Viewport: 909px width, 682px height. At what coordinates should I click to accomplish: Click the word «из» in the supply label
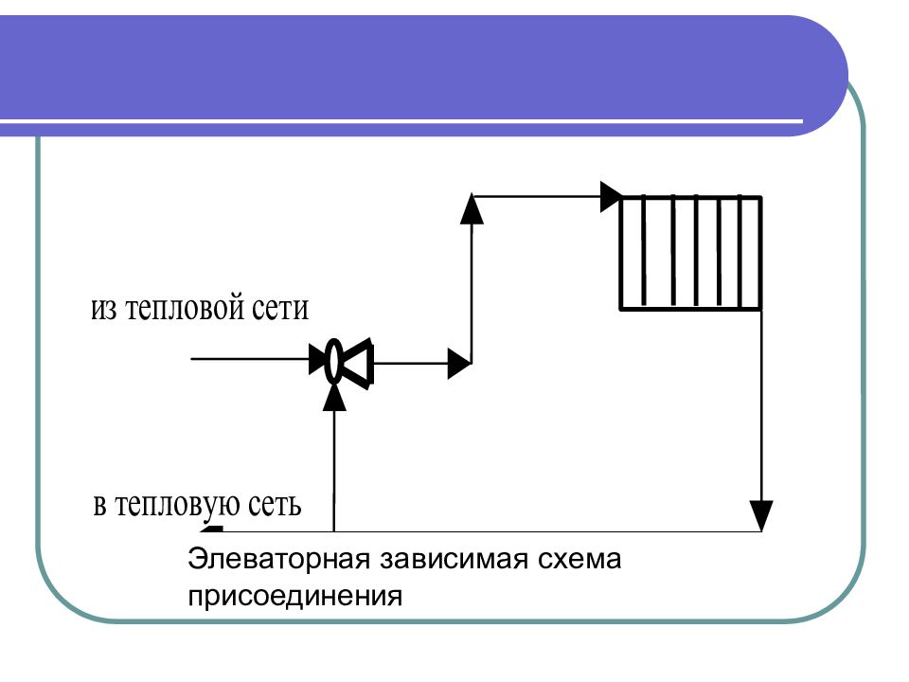pos(104,309)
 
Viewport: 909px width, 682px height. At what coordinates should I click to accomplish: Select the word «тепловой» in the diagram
pos(184,307)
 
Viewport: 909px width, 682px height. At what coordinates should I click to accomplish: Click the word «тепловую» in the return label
pos(176,505)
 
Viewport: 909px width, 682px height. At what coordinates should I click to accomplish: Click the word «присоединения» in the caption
pos(294,597)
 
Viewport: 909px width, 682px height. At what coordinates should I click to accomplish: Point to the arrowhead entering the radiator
pos(611,197)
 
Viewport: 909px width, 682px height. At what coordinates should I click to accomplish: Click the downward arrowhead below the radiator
pos(761,515)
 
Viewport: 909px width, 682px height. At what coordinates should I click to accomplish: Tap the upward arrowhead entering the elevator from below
pos(334,397)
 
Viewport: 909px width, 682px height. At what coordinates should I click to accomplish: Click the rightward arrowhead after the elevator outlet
pos(459,364)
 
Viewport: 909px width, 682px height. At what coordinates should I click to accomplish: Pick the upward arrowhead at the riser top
pos(472,209)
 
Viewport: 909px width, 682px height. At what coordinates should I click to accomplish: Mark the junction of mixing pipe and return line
pos(334,531)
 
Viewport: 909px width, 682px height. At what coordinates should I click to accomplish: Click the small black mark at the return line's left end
pos(211,529)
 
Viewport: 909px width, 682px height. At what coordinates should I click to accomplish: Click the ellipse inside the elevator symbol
pos(333,361)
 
